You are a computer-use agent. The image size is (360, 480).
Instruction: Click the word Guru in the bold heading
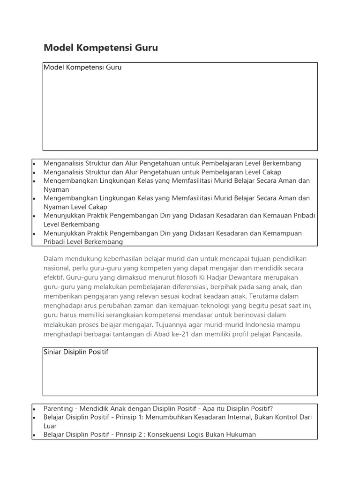146,47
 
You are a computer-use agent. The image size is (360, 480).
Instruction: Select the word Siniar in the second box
53,352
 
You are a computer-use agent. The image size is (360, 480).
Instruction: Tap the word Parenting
58,408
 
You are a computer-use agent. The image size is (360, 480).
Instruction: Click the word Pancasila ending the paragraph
285,334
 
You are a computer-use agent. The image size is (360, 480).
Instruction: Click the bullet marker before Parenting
35,409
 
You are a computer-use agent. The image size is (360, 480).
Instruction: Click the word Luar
50,426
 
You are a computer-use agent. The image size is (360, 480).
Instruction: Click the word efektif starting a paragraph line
53,277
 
